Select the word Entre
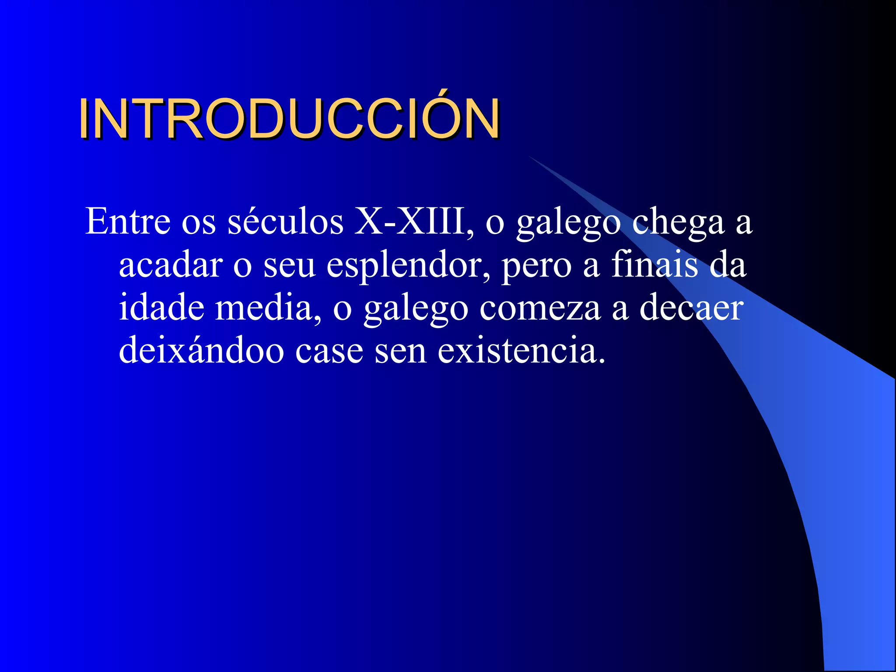[x=127, y=221]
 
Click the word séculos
[x=286, y=221]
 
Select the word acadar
[x=171, y=265]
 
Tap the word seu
[x=289, y=266]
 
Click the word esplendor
[x=408, y=266]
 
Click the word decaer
[x=691, y=308]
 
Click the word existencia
[x=521, y=350]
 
